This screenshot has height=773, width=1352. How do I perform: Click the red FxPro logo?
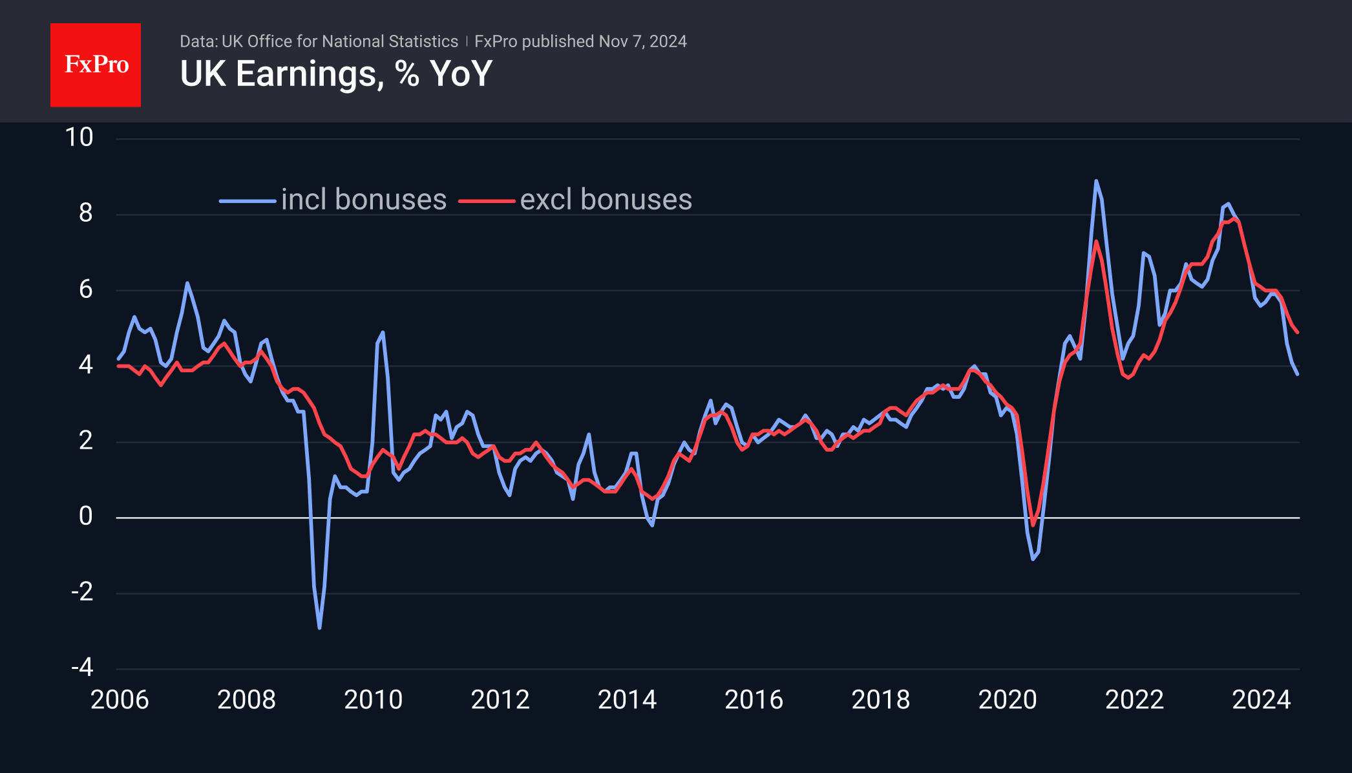tap(96, 65)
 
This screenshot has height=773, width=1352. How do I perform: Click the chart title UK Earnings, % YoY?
tap(336, 74)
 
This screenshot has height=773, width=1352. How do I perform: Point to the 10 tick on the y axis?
tap(79, 138)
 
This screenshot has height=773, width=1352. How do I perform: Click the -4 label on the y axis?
tap(82, 667)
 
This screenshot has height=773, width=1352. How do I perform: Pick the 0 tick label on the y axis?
tap(85, 516)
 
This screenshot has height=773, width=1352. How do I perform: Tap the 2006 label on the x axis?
tap(120, 700)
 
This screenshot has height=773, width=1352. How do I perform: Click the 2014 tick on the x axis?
tap(627, 700)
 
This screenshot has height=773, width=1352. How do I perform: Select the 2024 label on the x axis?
tap(1261, 700)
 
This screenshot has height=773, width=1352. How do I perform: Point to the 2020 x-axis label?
tap(1008, 700)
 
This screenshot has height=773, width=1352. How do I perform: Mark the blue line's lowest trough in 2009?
tap(319, 628)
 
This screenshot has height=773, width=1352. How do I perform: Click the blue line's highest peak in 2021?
tap(1096, 181)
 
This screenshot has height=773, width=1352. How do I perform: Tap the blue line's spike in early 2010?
tap(383, 332)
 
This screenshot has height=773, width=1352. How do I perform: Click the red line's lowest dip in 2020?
tap(1033, 525)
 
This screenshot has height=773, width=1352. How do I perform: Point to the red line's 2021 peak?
tap(1096, 241)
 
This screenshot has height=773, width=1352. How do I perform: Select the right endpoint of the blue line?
tap(1297, 374)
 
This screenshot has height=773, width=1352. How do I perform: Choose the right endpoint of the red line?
tap(1297, 332)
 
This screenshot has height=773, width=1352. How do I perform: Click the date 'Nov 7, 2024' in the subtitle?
tap(642, 41)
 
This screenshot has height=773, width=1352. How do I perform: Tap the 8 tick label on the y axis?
tap(85, 213)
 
